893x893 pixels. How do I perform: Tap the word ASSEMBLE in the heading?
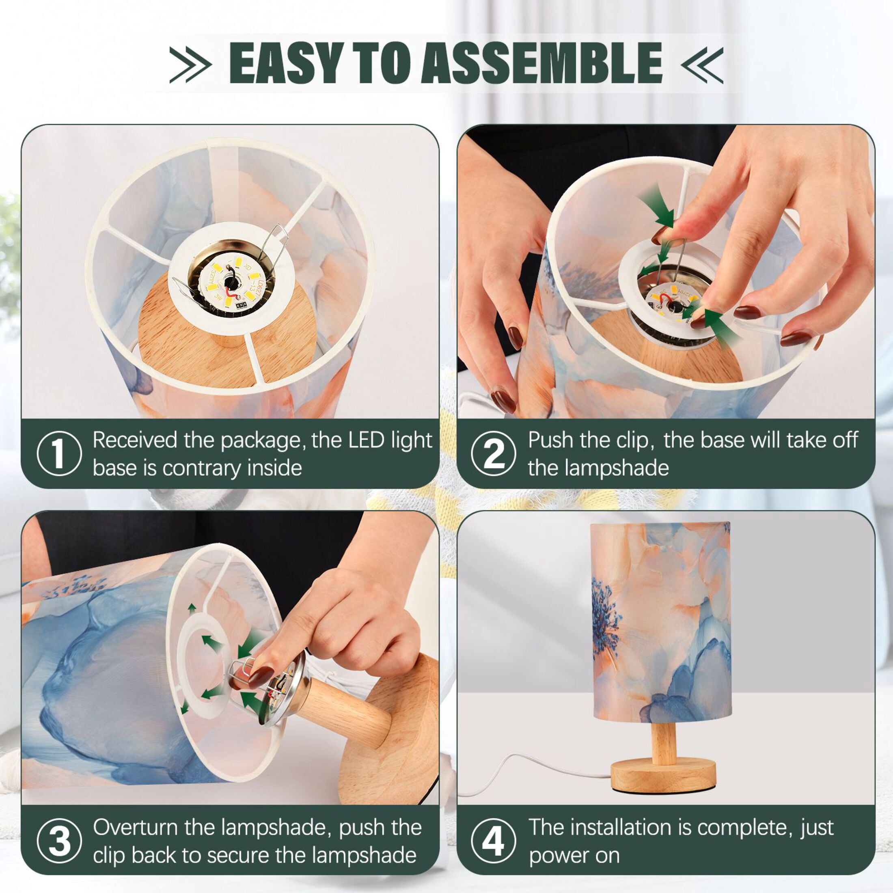(542, 63)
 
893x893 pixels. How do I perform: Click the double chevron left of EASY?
(190, 64)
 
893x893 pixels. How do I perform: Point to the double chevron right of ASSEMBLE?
(702, 65)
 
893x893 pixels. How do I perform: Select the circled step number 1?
(59, 453)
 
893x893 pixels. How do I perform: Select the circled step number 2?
(493, 453)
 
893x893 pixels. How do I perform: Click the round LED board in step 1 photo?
(231, 285)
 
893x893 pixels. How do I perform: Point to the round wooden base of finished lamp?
(663, 777)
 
